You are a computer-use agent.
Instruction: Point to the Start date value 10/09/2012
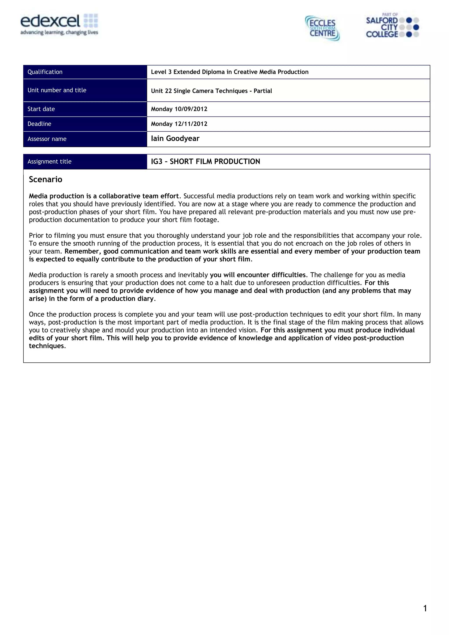click(x=191, y=109)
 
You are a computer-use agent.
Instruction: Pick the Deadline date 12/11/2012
click(x=191, y=124)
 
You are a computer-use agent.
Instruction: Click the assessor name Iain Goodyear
click(x=175, y=138)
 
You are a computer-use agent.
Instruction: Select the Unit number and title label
click(x=57, y=90)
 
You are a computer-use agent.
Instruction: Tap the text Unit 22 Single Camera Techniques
click(x=199, y=91)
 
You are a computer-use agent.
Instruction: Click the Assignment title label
click(x=50, y=161)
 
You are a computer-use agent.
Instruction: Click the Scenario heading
click(x=46, y=179)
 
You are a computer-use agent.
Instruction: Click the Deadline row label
click(x=39, y=124)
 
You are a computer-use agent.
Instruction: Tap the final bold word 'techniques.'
click(x=47, y=346)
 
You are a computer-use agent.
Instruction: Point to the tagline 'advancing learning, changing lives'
click(x=59, y=33)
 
